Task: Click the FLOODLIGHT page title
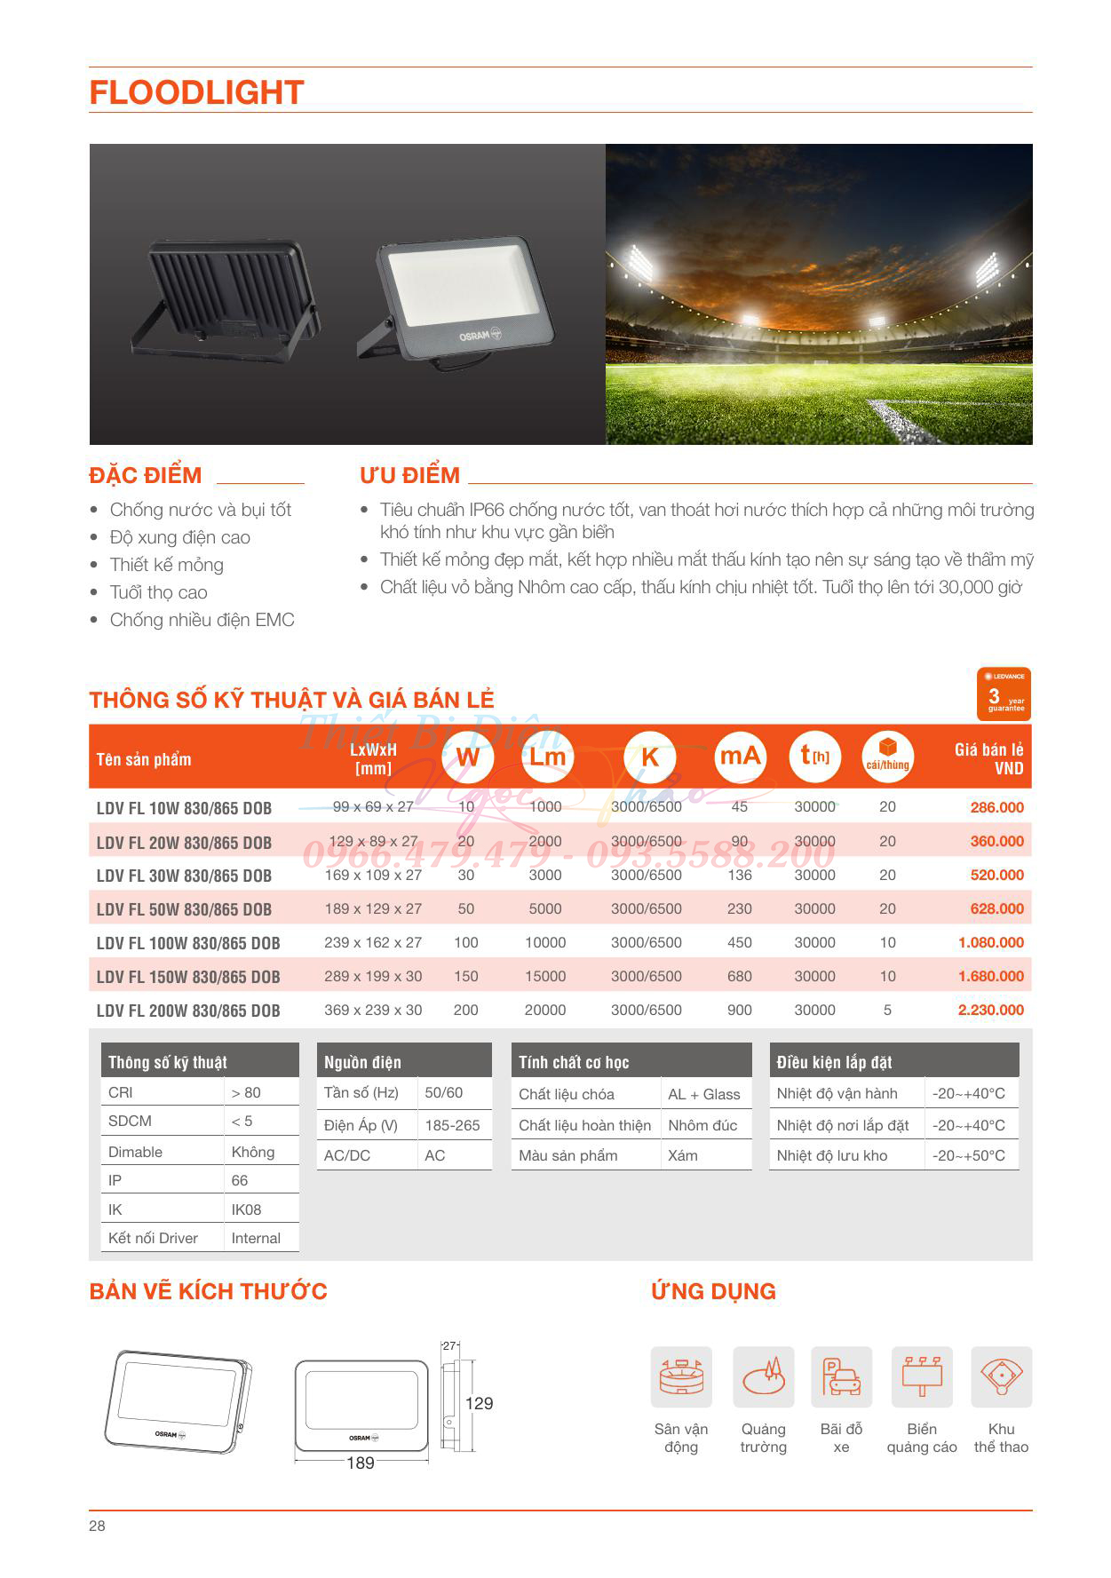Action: (x=196, y=92)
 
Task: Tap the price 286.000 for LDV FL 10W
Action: (x=996, y=807)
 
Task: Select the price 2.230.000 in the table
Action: (x=990, y=1010)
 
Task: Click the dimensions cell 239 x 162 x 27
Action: (x=373, y=942)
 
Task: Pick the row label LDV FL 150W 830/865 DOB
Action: (x=188, y=977)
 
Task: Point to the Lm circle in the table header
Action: (x=548, y=757)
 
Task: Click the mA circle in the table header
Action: (x=740, y=757)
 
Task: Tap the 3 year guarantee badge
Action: (x=1004, y=694)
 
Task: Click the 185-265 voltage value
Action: (x=452, y=1125)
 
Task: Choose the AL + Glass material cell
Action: (x=704, y=1094)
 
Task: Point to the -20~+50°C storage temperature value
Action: (x=968, y=1155)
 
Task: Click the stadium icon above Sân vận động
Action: (x=681, y=1377)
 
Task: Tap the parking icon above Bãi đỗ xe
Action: (x=841, y=1377)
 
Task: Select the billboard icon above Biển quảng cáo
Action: (x=922, y=1377)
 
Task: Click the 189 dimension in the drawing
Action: (x=361, y=1463)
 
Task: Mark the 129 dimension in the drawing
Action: (x=479, y=1403)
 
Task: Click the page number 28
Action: (x=97, y=1526)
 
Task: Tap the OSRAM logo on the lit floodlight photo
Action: (x=480, y=336)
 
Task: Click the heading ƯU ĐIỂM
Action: (x=409, y=475)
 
